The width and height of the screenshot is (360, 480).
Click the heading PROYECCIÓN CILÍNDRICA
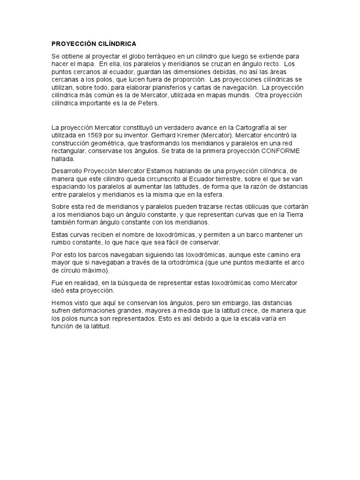[x=94, y=44]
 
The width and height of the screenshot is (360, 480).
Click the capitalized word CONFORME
[x=280, y=151]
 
